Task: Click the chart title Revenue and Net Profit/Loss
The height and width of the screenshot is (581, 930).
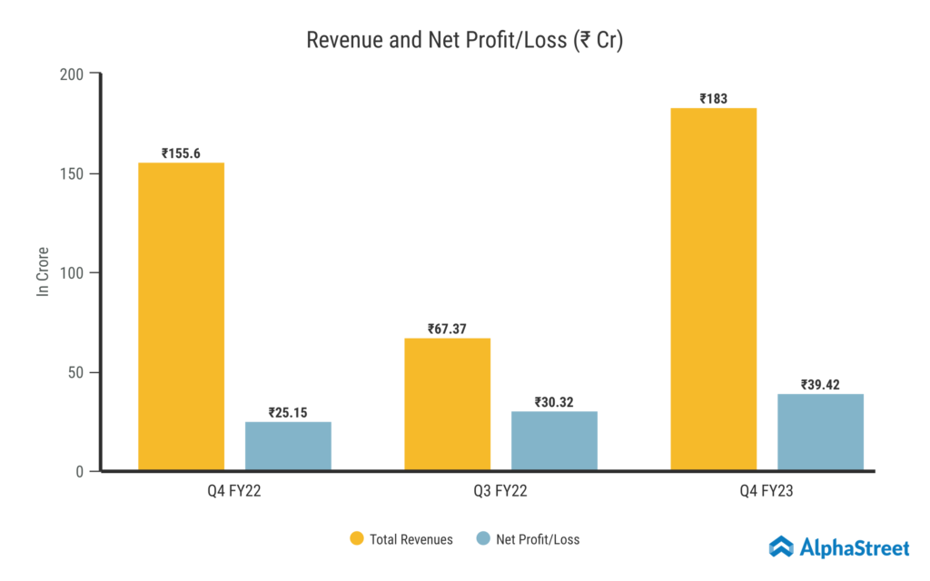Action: pos(464,41)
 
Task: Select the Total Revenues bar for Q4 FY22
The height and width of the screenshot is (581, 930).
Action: pos(181,317)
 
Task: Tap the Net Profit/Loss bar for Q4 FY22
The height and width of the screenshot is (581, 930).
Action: pos(288,447)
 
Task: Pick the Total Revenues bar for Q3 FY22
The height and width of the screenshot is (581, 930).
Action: pos(447,405)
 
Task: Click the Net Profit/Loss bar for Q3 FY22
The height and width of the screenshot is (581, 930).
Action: pos(554,441)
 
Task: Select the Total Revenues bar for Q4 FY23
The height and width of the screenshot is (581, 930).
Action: pos(713,290)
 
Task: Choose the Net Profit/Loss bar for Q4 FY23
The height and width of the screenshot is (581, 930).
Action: pos(820,432)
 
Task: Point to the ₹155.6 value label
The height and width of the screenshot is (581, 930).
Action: pos(181,153)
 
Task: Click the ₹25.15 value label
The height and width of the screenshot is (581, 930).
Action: pos(288,412)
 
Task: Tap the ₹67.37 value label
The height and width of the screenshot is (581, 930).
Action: pos(447,329)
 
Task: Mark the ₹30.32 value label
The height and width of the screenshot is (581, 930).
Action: pos(554,402)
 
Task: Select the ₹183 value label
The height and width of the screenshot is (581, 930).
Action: pos(713,99)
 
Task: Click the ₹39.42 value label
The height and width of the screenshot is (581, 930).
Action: pos(820,385)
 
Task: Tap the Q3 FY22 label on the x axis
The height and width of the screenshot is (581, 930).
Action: pos(500,492)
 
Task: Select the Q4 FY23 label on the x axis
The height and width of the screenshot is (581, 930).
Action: pos(767,492)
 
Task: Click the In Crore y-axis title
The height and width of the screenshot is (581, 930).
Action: pos(42,271)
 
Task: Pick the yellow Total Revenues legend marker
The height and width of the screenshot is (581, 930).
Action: pos(358,539)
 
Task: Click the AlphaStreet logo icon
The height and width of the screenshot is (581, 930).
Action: pos(781,546)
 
